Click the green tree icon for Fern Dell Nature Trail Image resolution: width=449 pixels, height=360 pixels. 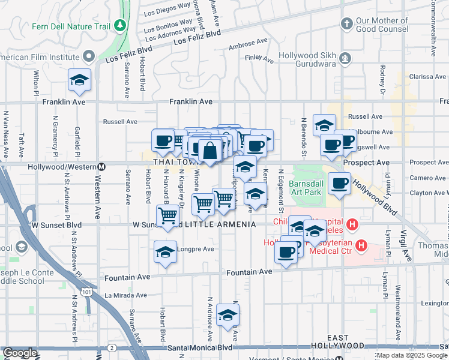click(x=121, y=25)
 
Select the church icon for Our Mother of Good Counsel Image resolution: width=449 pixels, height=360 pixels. click(x=346, y=24)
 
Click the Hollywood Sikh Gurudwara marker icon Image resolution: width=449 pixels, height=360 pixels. click(x=346, y=58)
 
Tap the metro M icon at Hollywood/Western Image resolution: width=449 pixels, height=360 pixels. click(x=102, y=166)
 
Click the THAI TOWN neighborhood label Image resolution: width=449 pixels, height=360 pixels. click(x=175, y=163)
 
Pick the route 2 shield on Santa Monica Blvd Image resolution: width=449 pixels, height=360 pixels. click(x=112, y=347)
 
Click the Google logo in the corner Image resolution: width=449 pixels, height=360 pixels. click(x=19, y=353)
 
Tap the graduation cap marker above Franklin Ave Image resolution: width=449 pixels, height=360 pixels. click(x=79, y=80)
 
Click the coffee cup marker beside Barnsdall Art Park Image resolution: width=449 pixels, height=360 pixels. click(x=340, y=183)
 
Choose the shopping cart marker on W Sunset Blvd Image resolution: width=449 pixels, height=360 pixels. click(x=169, y=215)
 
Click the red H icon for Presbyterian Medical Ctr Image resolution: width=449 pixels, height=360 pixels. click(x=361, y=245)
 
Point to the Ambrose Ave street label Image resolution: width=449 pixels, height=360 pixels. click(x=248, y=47)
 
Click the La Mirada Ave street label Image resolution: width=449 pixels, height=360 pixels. click(x=126, y=295)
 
